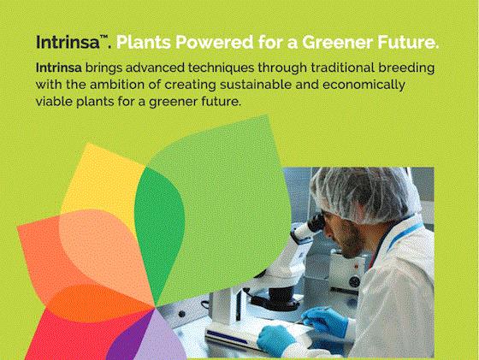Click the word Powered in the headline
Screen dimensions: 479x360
pos(215,42)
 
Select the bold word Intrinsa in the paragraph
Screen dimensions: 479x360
pos(59,68)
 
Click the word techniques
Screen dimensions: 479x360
pos(221,68)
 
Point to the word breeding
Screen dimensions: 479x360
pos(406,68)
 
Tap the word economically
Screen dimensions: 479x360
pos(364,86)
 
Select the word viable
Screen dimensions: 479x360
pos(54,102)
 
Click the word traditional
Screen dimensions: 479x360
pos(342,68)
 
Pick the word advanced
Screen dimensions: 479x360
pos(155,68)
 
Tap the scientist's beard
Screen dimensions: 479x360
pos(352,245)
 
